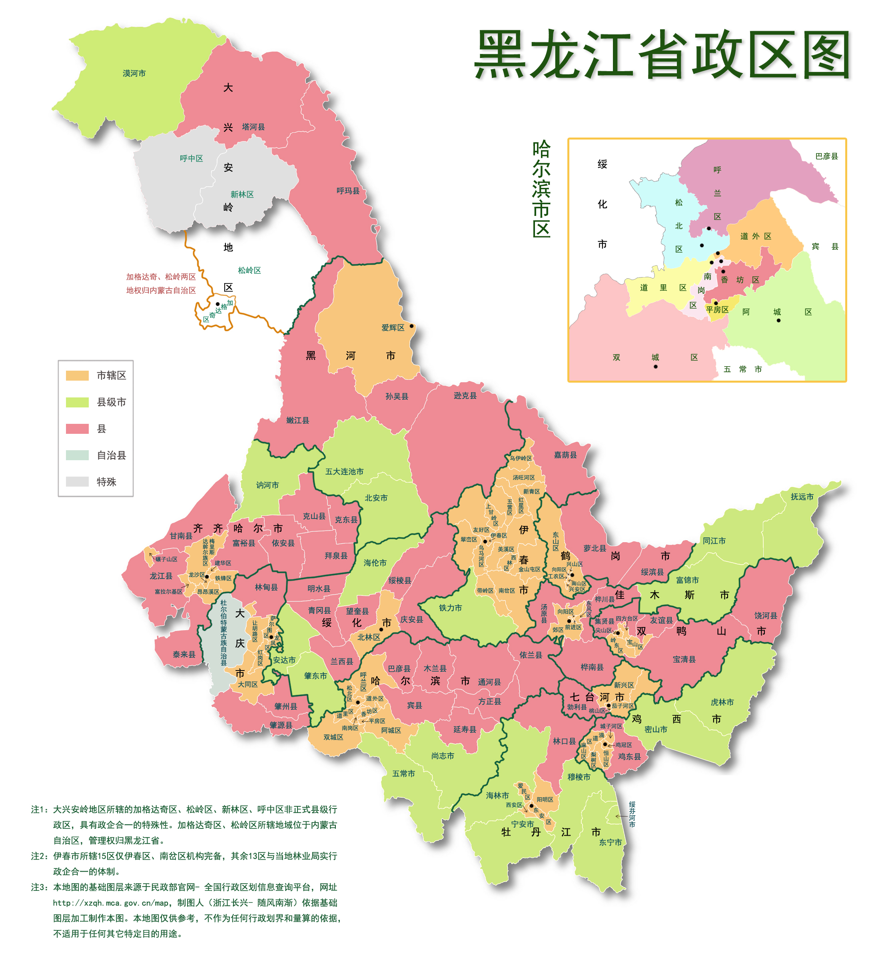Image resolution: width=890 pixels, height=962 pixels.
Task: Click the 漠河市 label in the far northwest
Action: click(x=134, y=73)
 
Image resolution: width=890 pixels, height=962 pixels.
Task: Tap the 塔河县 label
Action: click(x=253, y=127)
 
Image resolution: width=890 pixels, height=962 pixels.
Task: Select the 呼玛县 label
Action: click(x=348, y=191)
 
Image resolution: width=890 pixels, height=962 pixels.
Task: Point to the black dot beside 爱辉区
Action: click(x=412, y=326)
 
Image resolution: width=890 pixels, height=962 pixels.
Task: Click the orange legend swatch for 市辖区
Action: click(x=77, y=375)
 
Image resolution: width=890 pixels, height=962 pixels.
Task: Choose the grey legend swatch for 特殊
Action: click(x=77, y=482)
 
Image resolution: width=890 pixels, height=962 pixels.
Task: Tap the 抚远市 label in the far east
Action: click(x=802, y=497)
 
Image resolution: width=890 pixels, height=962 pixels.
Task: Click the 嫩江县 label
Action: click(x=297, y=420)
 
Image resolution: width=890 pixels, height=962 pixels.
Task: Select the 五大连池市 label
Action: click(x=344, y=472)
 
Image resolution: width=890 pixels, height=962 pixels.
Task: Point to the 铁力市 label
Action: click(x=450, y=608)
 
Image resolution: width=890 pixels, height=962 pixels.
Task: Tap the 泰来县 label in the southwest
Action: click(x=184, y=654)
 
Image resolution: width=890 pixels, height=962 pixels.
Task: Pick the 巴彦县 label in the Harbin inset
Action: click(x=826, y=156)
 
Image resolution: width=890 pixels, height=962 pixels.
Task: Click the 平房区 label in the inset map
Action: click(x=717, y=310)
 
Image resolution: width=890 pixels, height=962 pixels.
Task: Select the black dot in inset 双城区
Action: click(x=655, y=367)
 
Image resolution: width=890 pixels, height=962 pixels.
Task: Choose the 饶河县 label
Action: click(x=766, y=616)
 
